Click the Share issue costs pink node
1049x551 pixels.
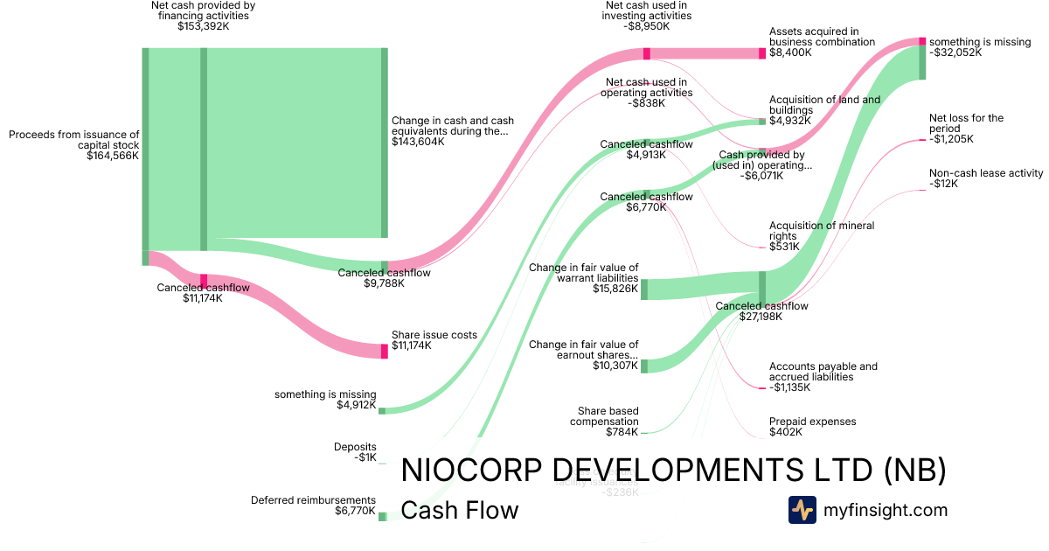pos(384,351)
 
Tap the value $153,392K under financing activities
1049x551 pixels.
pos(203,26)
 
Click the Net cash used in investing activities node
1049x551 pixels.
pos(647,53)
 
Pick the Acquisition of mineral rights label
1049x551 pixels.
pos(822,231)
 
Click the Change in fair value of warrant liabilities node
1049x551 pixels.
pos(644,289)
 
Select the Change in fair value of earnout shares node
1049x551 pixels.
pos(644,366)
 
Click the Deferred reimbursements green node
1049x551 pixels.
pos(382,516)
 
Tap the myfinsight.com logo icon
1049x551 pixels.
pos(802,510)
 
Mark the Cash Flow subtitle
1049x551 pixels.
pos(459,510)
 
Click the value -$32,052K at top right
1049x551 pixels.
pos(955,52)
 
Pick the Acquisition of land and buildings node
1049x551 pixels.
pos(761,122)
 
